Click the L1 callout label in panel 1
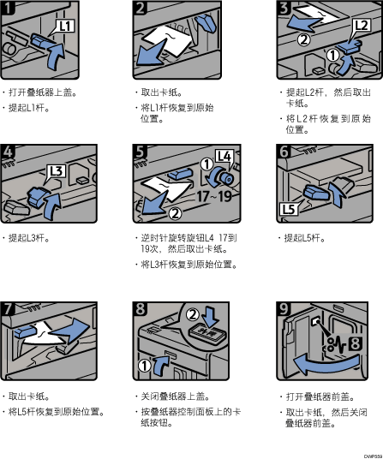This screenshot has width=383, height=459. click(x=65, y=26)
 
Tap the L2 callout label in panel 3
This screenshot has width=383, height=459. click(x=362, y=26)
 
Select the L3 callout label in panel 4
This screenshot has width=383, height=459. click(x=57, y=171)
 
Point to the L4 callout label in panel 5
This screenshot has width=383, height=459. click(x=224, y=156)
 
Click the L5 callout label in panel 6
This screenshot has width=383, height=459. click(x=289, y=209)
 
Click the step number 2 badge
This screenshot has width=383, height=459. click(x=140, y=8)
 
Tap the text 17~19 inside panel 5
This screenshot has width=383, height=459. click(x=214, y=196)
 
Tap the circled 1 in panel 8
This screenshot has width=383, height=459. click(x=144, y=366)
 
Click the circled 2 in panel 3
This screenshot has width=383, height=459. click(x=304, y=39)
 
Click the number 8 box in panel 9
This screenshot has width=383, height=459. click(x=356, y=343)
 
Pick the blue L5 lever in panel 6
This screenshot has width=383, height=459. click(x=315, y=193)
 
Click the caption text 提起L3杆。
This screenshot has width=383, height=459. click(x=28, y=238)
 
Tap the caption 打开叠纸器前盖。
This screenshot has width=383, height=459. click(x=320, y=397)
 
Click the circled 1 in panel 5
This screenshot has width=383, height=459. click(x=206, y=164)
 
